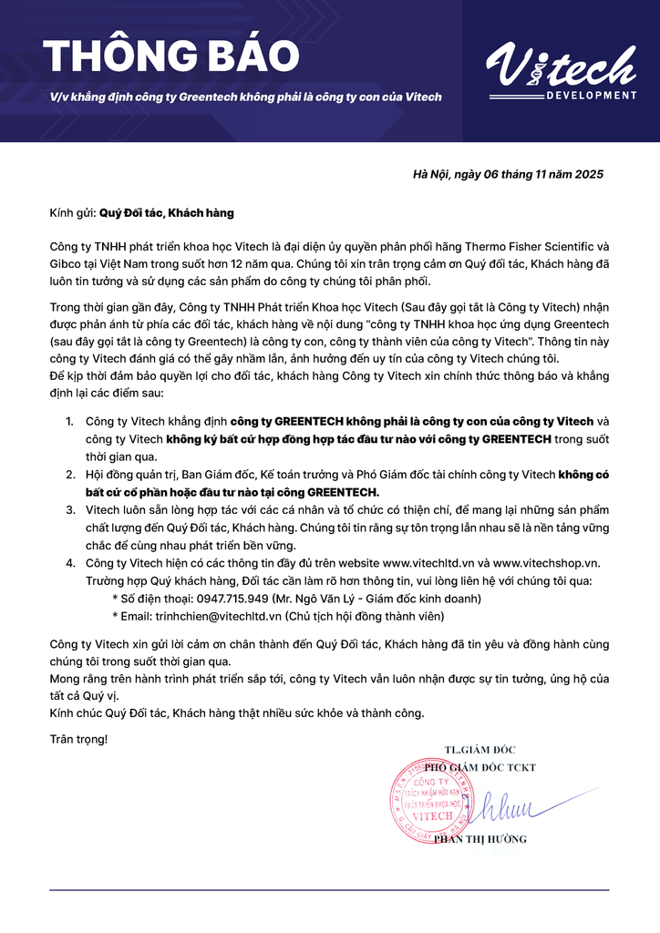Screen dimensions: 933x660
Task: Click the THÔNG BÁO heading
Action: coord(170,57)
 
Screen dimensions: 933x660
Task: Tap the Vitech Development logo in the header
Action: coord(560,72)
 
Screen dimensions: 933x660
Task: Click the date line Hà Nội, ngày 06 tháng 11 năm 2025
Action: coord(508,174)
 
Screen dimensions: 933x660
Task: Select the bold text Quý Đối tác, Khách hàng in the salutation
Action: coord(167,212)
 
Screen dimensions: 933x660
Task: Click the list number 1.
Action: coord(69,421)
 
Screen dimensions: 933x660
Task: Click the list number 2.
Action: coord(69,474)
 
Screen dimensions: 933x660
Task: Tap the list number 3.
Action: coord(69,509)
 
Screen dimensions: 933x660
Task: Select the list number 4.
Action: coord(69,562)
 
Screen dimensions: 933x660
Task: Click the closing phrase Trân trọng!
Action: coord(78,738)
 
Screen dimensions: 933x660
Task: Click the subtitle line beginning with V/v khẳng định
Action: coord(246,97)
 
